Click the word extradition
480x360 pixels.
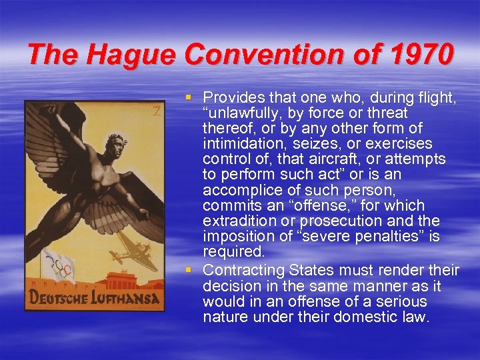[x=237, y=221]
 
